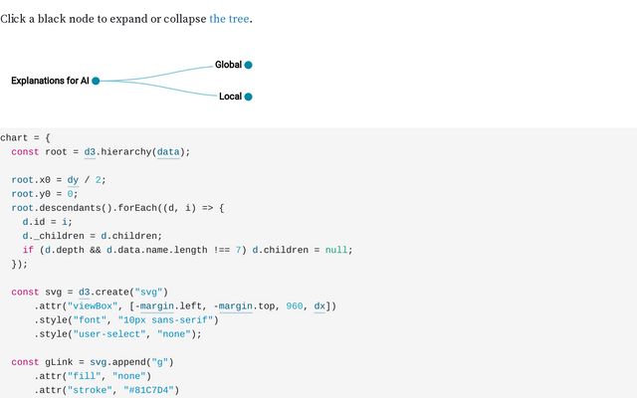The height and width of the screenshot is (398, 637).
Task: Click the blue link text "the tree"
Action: (229, 19)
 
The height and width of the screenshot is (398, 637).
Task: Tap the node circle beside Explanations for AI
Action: (96, 81)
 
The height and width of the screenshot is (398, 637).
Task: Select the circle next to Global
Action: (248, 65)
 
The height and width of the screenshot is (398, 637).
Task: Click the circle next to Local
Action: (248, 97)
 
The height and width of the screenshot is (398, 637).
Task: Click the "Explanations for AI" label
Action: (50, 81)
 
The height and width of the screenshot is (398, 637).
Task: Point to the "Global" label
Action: (228, 65)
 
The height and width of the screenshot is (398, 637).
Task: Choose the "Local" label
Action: (230, 97)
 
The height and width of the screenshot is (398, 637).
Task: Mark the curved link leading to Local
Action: (169, 90)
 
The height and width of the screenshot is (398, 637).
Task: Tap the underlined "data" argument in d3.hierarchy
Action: (169, 151)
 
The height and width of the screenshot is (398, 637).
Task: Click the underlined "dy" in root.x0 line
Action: (73, 179)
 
